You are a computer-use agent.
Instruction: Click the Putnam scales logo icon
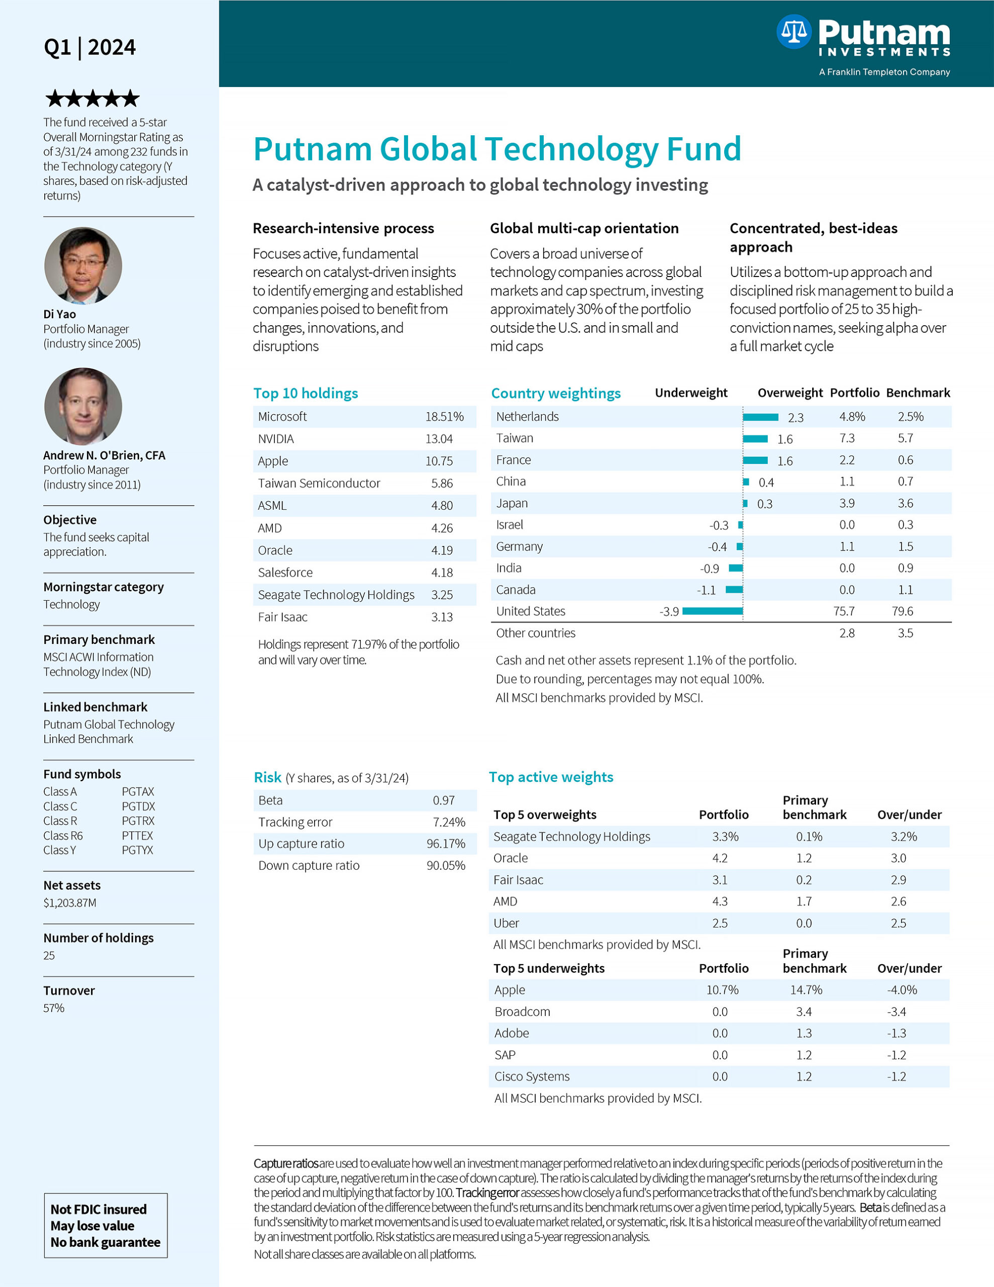(x=793, y=32)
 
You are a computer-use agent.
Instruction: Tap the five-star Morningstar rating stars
(x=92, y=99)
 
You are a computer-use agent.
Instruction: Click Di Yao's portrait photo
(x=83, y=266)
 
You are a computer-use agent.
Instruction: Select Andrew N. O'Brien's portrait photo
(x=83, y=406)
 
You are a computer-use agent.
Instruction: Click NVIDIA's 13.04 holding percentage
(x=439, y=439)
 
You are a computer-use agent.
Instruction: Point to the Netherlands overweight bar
(x=760, y=417)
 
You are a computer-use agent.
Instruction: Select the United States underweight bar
(x=713, y=611)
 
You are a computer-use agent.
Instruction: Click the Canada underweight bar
(x=734, y=590)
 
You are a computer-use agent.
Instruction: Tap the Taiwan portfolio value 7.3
(x=847, y=438)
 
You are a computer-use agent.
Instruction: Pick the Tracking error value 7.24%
(x=449, y=822)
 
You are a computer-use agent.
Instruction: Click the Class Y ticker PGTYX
(x=137, y=850)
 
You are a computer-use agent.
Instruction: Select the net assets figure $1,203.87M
(x=69, y=903)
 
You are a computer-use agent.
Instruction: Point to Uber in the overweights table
(x=506, y=924)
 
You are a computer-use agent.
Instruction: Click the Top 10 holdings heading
(x=305, y=393)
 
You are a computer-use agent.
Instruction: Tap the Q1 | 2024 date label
(x=89, y=47)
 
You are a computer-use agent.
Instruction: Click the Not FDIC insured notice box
(x=106, y=1226)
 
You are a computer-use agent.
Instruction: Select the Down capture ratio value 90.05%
(x=445, y=866)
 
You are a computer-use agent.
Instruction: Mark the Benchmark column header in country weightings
(x=918, y=393)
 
